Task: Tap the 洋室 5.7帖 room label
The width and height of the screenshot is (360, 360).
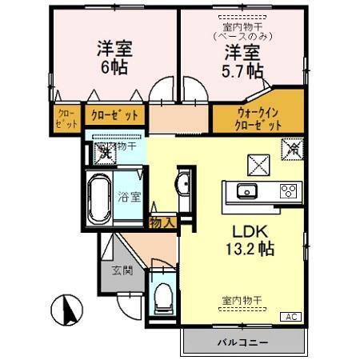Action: [x=242, y=62]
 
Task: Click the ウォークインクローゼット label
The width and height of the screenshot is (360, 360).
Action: [x=258, y=118]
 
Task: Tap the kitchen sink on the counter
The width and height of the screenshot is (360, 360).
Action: [x=245, y=190]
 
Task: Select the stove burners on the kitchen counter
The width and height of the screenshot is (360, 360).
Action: [x=288, y=190]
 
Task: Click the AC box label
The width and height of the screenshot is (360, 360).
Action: [x=292, y=318]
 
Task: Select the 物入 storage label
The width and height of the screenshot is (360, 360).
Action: [x=162, y=222]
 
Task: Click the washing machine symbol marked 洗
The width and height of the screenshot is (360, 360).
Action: [x=105, y=153]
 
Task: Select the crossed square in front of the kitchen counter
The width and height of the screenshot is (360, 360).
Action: [x=258, y=165]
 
